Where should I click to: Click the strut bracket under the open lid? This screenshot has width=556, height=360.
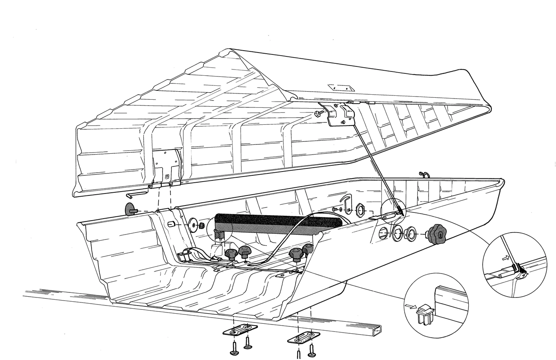342,115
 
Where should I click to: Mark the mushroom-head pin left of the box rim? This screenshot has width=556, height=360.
130,209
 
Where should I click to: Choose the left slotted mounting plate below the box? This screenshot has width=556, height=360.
241,330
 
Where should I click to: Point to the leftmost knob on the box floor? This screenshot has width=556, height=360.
231,254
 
